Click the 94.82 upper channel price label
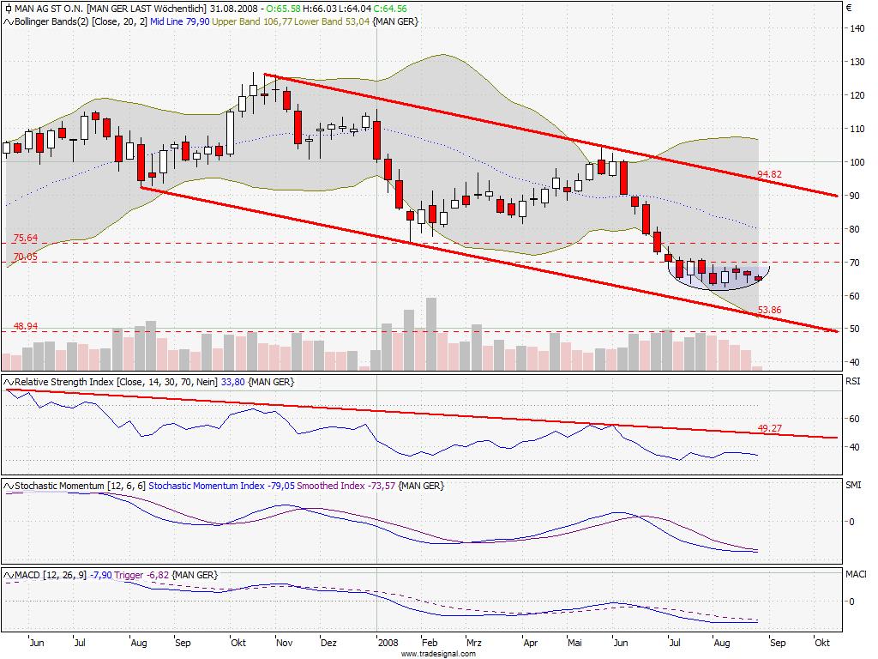tap(770, 175)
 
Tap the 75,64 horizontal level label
tap(26, 238)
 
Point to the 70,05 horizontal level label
tap(26, 256)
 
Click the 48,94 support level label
tap(26, 327)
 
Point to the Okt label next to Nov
tap(238, 642)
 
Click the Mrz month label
tap(473, 642)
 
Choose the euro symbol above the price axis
tap(849, 9)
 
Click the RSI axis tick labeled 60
tap(854, 419)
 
